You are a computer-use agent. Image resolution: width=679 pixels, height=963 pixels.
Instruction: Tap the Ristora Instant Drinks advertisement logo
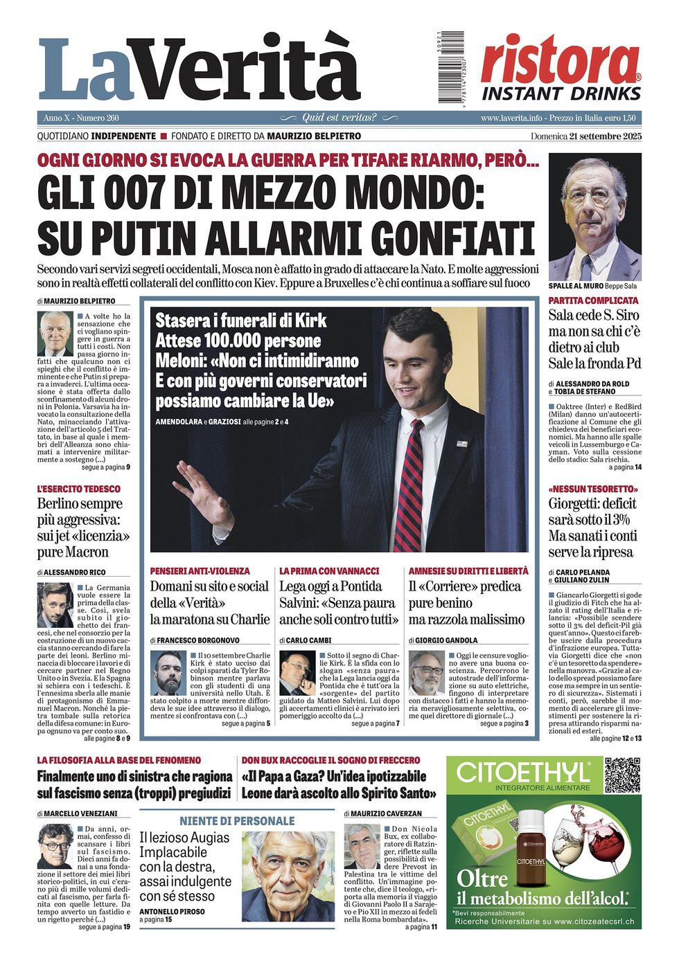561,69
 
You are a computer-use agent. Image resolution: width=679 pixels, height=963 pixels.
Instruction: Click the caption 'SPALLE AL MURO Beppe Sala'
592,286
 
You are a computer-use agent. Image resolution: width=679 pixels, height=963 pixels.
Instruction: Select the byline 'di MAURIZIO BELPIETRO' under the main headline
76,301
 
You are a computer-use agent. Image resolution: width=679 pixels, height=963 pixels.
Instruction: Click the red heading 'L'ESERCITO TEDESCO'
78,489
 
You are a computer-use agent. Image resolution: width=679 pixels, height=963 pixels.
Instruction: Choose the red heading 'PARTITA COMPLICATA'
593,300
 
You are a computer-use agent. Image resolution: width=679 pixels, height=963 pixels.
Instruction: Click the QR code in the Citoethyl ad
621,775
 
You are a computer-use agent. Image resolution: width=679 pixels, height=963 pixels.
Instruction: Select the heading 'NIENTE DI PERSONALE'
237,821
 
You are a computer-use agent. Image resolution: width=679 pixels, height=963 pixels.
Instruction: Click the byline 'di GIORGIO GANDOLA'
443,640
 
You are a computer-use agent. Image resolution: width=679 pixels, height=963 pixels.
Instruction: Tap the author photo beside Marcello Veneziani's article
55,846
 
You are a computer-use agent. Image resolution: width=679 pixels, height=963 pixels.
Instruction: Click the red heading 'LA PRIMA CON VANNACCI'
329,571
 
